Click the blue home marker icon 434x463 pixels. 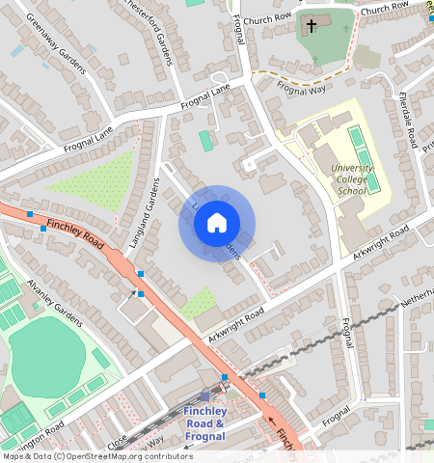(217, 224)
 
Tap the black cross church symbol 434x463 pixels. (311, 25)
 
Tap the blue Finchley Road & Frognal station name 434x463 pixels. (204, 424)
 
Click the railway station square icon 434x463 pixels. (204, 395)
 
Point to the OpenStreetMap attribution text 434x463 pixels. (96, 456)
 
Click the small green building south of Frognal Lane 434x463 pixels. (205, 141)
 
